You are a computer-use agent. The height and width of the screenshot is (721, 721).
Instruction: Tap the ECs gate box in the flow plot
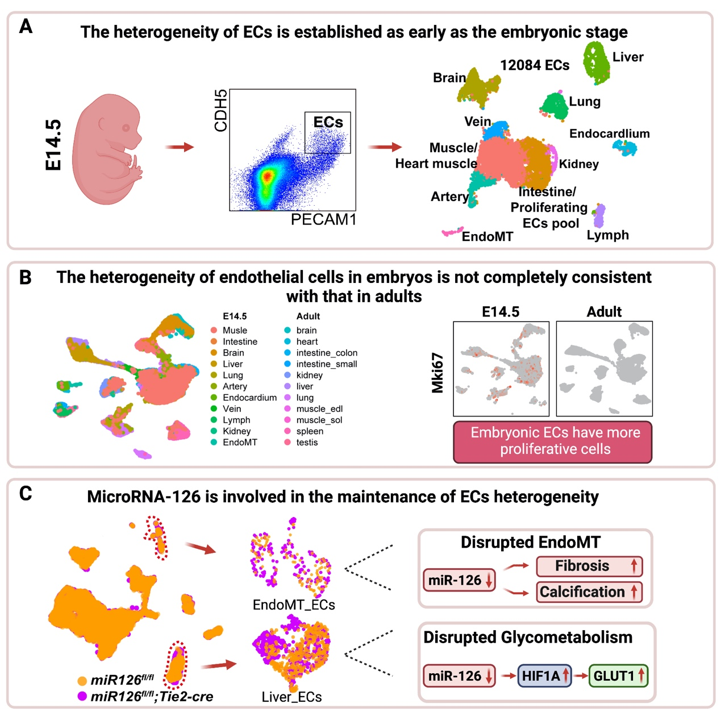coord(328,133)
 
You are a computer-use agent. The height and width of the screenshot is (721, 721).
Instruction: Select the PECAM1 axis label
coord(323,219)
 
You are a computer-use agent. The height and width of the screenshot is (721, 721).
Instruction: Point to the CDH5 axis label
coord(220,110)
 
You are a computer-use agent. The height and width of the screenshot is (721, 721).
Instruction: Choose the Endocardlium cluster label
coord(609,134)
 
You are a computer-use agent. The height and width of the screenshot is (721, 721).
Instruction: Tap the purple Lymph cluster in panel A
coord(599,216)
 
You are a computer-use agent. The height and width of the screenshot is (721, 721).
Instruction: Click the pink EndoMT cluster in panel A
coord(452,232)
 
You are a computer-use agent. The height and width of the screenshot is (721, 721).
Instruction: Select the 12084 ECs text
coord(535,65)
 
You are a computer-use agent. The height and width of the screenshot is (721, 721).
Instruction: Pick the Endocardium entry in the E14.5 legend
coord(249,398)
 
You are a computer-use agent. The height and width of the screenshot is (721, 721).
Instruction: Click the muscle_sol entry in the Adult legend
coord(319,420)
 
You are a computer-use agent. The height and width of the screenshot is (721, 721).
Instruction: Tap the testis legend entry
coord(307,443)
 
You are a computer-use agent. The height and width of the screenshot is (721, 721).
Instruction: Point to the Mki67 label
coord(437,373)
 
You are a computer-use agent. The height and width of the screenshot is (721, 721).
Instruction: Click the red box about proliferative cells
coord(552,441)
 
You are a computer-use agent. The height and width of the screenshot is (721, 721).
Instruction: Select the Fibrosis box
coord(589,566)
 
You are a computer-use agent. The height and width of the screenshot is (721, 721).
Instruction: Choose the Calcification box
coord(589,592)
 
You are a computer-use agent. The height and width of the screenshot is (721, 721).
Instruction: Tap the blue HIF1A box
coord(544,676)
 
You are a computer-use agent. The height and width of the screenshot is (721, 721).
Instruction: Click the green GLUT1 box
coord(618,676)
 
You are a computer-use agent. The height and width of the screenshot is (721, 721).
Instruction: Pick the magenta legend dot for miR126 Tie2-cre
coord(82,696)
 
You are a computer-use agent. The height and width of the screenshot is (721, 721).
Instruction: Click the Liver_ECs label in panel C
coord(291,697)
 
